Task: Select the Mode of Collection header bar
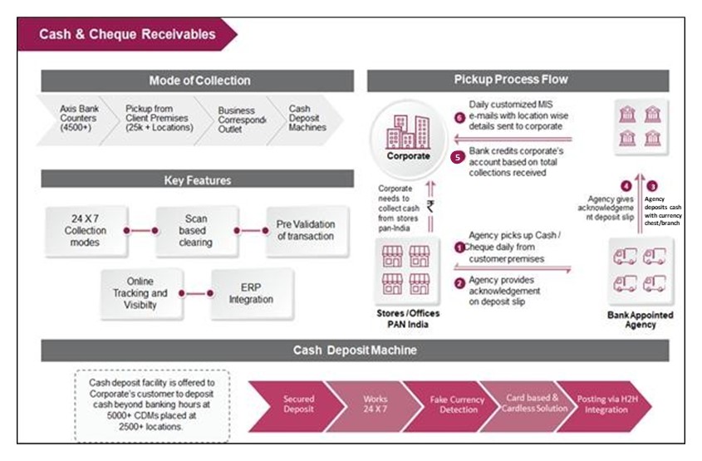point(199,81)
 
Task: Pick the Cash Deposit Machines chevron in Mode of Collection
point(307,119)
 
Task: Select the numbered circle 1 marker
point(459,248)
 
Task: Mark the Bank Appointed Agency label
point(641,320)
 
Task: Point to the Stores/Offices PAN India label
point(408,318)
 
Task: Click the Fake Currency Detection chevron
point(456,405)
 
